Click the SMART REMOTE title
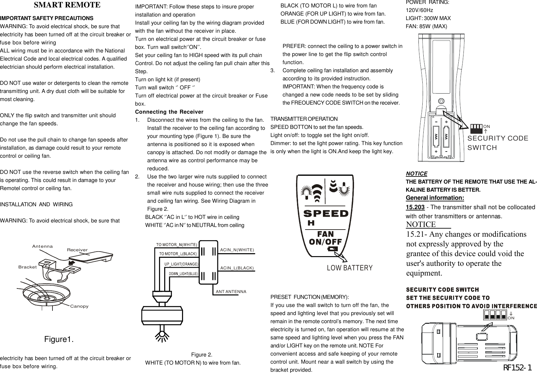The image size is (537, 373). pyautogui.click(x=67, y=5)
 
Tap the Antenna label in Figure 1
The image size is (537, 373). pyautogui.click(x=42, y=246)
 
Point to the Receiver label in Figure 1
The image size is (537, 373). pyautogui.click(x=77, y=250)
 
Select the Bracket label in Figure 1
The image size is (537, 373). pyautogui.click(x=28, y=267)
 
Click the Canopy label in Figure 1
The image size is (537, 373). pyautogui.click(x=79, y=306)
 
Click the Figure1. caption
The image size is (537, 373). pyautogui.click(x=59, y=339)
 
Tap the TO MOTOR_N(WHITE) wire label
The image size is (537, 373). pyautogui.click(x=177, y=244)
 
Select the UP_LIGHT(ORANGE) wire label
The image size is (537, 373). pyautogui.click(x=181, y=264)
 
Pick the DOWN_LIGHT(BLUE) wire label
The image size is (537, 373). pyautogui.click(x=183, y=274)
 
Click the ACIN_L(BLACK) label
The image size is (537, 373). pyautogui.click(x=237, y=268)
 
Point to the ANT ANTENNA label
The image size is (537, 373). pyautogui.click(x=231, y=291)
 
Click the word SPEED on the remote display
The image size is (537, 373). pyautogui.click(x=326, y=214)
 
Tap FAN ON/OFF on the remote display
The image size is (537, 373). pyautogui.click(x=326, y=238)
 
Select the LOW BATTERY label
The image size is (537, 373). pyautogui.click(x=350, y=268)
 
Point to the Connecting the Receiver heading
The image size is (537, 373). pyautogui.click(x=169, y=112)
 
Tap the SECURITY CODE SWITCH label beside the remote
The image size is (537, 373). pyautogui.click(x=498, y=143)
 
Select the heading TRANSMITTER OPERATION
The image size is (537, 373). pyautogui.click(x=304, y=119)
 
